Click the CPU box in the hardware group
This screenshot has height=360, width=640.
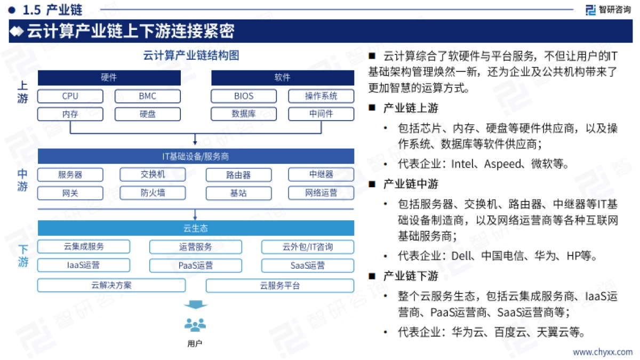(x=70, y=97)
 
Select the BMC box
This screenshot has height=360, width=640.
(x=147, y=97)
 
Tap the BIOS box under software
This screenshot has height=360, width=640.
(x=244, y=97)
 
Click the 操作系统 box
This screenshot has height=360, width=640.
(x=321, y=97)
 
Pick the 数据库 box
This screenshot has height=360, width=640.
(x=244, y=114)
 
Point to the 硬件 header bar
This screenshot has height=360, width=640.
(x=109, y=78)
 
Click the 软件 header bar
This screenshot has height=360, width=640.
(x=283, y=78)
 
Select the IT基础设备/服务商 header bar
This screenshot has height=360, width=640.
(x=196, y=156)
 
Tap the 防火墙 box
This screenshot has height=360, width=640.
(x=153, y=193)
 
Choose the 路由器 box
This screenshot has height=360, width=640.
(x=238, y=175)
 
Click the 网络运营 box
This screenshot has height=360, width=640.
(x=321, y=193)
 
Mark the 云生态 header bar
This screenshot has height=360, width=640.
(x=196, y=228)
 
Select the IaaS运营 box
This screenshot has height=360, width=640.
(x=84, y=265)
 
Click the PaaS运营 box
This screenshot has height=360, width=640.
(x=195, y=265)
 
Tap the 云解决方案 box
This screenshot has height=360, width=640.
(x=111, y=285)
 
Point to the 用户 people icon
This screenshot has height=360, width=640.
(x=195, y=324)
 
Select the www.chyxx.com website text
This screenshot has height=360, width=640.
(x=603, y=352)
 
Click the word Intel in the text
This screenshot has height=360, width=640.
(x=462, y=164)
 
